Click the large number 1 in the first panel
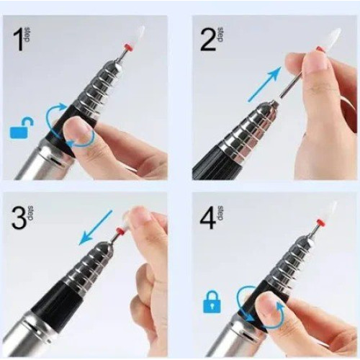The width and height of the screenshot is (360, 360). [19, 39]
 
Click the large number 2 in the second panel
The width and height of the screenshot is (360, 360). [208, 39]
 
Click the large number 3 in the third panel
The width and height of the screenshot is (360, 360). [19, 217]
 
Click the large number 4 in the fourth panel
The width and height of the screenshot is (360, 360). [208, 217]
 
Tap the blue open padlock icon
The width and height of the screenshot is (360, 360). [22, 127]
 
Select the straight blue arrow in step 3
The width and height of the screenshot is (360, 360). [96, 228]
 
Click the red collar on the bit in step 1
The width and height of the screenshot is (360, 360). [127, 46]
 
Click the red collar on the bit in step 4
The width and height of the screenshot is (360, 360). [320, 222]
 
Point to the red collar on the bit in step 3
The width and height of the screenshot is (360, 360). [120, 232]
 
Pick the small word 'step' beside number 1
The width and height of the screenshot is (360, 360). [27, 35]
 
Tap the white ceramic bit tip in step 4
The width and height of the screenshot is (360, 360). [330, 211]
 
